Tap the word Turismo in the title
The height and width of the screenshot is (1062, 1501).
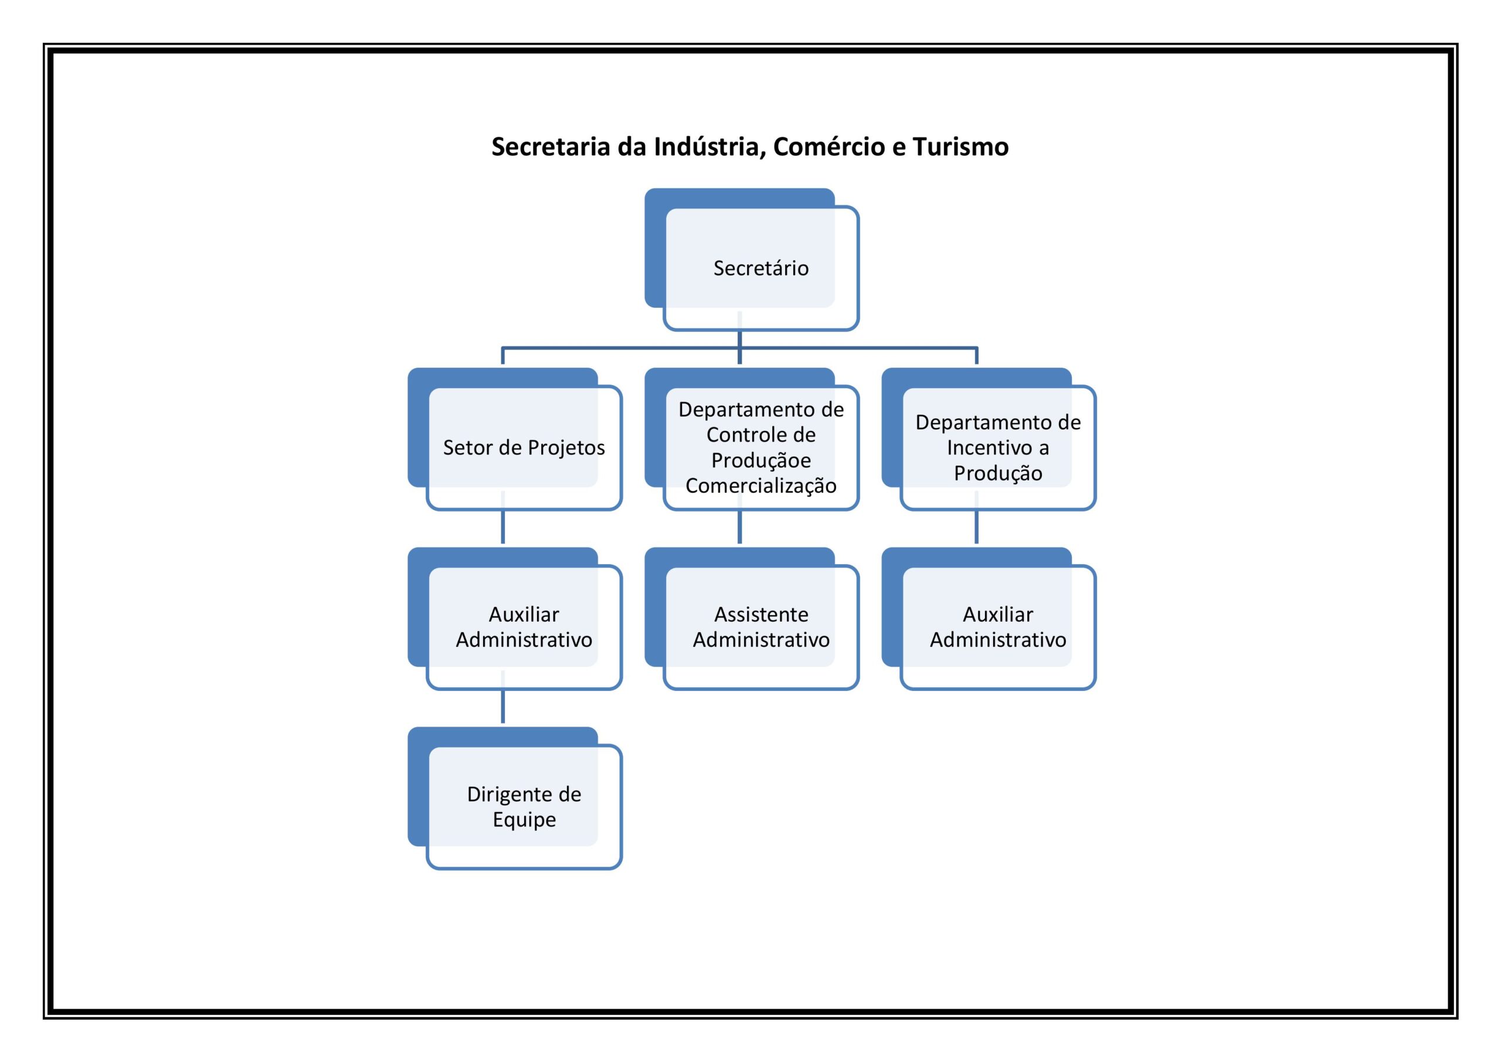click(x=960, y=147)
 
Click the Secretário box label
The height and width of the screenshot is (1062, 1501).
click(x=761, y=268)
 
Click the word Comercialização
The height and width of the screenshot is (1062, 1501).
click(x=761, y=486)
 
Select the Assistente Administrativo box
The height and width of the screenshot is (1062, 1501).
click(x=752, y=619)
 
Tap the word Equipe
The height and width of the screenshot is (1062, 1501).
click(x=524, y=820)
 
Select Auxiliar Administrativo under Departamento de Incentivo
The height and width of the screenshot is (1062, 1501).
click(x=989, y=619)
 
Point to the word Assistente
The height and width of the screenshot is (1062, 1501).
click(x=761, y=615)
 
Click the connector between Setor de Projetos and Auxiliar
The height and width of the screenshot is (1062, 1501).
click(x=502, y=517)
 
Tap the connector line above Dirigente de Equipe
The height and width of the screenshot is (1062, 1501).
click(x=502, y=697)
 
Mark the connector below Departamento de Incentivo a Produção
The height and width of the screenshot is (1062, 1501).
click(x=977, y=517)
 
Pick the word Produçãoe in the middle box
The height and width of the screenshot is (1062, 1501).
click(x=761, y=461)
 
